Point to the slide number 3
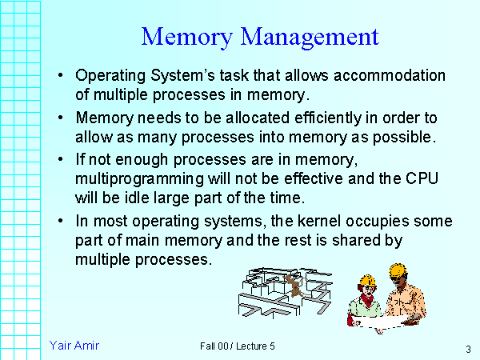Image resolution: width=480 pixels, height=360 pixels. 466,350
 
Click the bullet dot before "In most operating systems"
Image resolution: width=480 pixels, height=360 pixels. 62,222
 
